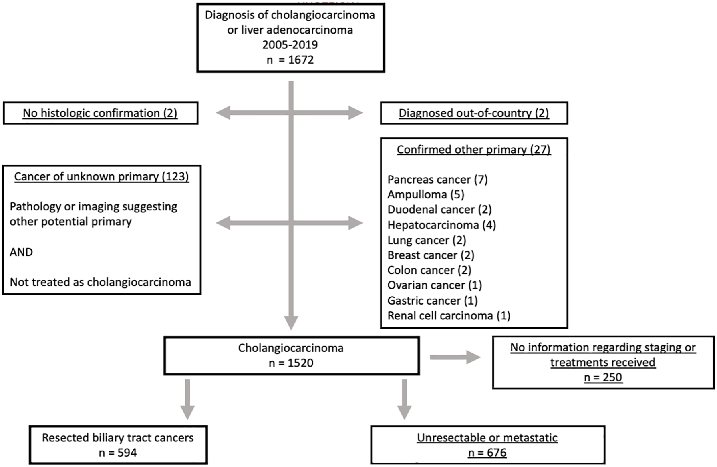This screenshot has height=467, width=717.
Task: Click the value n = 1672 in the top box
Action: click(x=290, y=60)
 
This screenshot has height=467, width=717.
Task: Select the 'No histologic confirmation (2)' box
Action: click(x=101, y=113)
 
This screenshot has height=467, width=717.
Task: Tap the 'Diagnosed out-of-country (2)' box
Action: click(x=474, y=113)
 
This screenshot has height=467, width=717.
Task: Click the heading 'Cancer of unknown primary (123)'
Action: click(x=101, y=177)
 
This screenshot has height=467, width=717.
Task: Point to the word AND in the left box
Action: click(x=21, y=252)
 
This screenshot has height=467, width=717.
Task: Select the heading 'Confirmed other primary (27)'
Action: click(x=474, y=150)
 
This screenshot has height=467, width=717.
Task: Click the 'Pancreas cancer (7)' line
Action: click(x=437, y=180)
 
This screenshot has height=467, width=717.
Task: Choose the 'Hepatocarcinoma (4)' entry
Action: click(x=442, y=225)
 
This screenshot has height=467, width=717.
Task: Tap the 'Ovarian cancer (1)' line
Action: click(x=435, y=285)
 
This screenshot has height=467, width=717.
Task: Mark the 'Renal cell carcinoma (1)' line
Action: click(x=449, y=316)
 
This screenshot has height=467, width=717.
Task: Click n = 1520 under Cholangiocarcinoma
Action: click(x=291, y=363)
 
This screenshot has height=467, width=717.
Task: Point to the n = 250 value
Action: click(x=603, y=377)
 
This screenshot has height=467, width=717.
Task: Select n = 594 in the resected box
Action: click(x=118, y=453)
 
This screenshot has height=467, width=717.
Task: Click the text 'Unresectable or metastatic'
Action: click(x=487, y=438)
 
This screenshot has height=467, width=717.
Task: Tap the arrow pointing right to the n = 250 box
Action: click(x=455, y=357)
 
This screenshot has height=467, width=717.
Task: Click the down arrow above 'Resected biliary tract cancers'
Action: click(x=187, y=399)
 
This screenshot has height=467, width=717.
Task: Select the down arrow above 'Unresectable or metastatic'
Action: click(x=404, y=399)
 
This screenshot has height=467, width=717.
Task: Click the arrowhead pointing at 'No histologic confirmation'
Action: click(x=223, y=113)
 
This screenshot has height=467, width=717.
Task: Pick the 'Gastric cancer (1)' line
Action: click(x=433, y=301)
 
